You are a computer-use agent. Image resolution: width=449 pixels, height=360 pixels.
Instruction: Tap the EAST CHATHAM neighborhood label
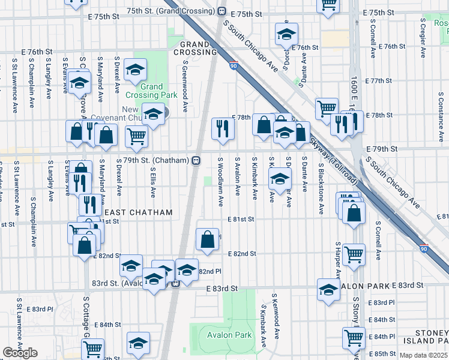139,212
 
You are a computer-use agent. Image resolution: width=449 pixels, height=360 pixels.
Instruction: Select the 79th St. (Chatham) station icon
196,161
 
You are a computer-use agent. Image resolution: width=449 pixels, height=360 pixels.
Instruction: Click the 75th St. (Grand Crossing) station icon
221,11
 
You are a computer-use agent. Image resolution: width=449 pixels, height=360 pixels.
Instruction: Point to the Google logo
20,353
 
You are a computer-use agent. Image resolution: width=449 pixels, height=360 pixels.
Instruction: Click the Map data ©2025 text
424,355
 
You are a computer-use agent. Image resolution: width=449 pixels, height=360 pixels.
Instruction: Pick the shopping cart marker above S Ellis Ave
137,136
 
